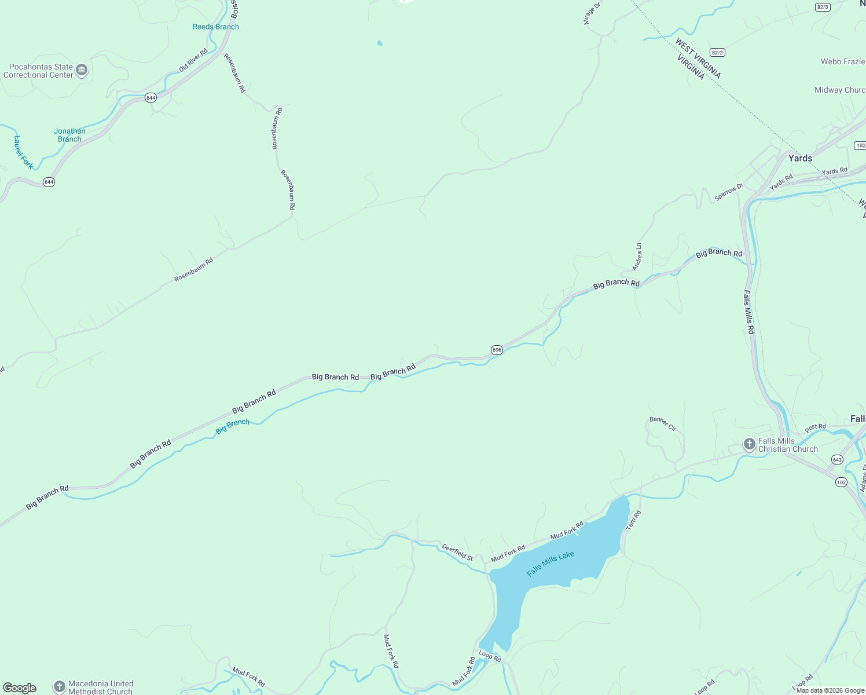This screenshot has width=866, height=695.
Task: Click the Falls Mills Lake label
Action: click(550, 564)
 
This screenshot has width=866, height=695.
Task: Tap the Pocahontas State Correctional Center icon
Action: click(82, 71)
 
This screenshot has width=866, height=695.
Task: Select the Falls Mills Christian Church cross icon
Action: click(750, 445)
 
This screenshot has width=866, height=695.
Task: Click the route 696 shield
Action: click(497, 350)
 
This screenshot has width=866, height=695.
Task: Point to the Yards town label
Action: click(800, 158)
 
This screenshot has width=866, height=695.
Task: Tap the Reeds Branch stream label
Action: click(215, 27)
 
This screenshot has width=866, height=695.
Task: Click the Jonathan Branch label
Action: click(69, 135)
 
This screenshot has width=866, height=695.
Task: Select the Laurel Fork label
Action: click(24, 152)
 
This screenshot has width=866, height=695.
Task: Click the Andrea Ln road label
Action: click(637, 257)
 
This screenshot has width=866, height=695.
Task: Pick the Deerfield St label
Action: click(457, 552)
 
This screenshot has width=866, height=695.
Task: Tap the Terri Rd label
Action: click(634, 520)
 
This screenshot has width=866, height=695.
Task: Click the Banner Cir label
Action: click(663, 424)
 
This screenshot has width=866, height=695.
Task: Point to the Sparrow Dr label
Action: click(728, 192)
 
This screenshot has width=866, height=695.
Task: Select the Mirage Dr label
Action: click(592, 13)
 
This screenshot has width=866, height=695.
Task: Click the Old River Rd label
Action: click(193, 61)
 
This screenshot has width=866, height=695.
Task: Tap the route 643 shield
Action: click(837, 459)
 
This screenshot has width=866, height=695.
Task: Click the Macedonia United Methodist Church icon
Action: click(59, 687)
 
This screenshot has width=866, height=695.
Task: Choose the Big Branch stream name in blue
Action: click(232, 426)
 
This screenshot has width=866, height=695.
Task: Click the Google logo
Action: click(20, 688)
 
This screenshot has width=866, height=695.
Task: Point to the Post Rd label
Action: click(815, 427)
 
